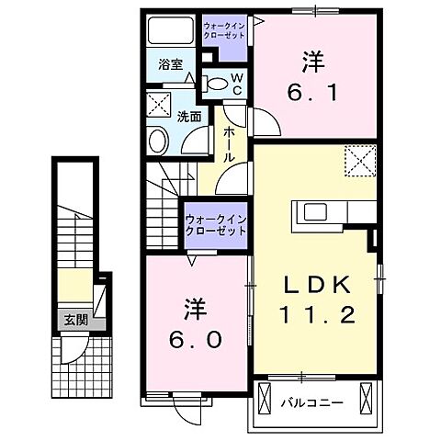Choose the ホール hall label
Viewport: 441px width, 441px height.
[229, 145]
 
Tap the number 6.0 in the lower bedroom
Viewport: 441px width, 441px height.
[196, 339]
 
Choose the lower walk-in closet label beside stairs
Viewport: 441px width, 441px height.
[215, 226]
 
